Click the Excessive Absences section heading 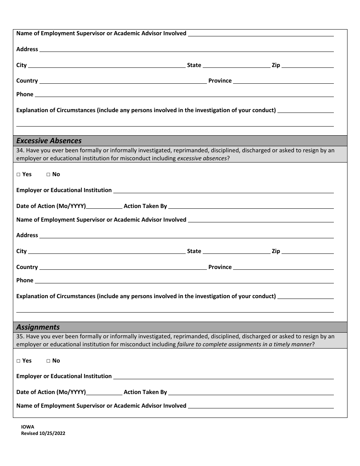[x=49, y=141]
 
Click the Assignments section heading [x=38, y=327]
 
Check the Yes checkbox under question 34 [x=19, y=175]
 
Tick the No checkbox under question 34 [x=49, y=175]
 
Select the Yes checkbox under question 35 [x=19, y=361]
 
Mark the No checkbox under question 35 [x=49, y=361]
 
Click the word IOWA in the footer [x=28, y=427]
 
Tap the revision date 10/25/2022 [x=52, y=433]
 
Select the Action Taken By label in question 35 [x=145, y=392]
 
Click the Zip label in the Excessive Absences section [x=276, y=251]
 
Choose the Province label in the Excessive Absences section [x=220, y=267]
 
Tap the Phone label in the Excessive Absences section [x=25, y=280]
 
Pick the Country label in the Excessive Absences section [x=27, y=267]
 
